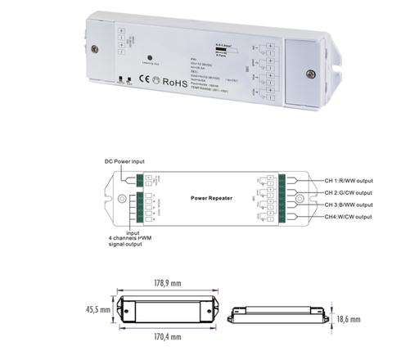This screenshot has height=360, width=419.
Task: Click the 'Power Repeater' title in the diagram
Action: coord(212,197)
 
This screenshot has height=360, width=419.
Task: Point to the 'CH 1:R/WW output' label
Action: coord(344,180)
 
